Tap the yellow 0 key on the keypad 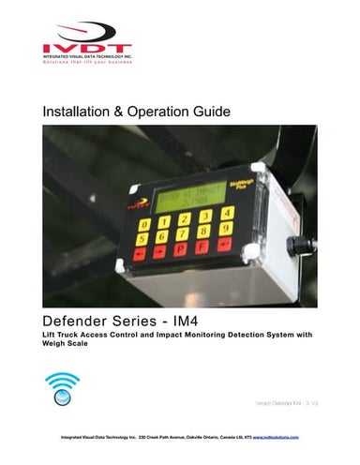pos(144,223)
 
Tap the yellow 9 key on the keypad pos(226,227)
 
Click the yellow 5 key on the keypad pos(142,238)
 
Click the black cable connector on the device pos(297,246)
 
